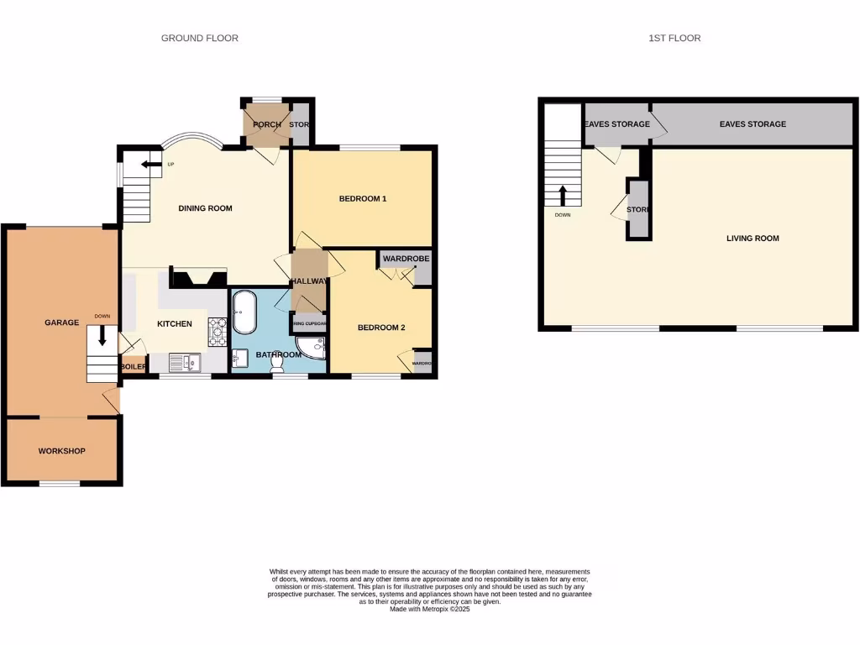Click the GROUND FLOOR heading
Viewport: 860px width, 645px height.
pyautogui.click(x=200, y=38)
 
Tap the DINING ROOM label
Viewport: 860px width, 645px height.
pyautogui.click(x=205, y=208)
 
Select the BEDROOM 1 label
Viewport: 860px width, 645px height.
pyautogui.click(x=363, y=199)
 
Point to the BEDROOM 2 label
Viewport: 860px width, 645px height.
pyautogui.click(x=381, y=328)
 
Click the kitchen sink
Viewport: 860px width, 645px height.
pyautogui.click(x=184, y=362)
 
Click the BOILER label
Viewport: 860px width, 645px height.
pyautogui.click(x=134, y=367)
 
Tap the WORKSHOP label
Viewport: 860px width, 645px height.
pyautogui.click(x=62, y=451)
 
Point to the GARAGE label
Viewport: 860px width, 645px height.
pyautogui.click(x=61, y=322)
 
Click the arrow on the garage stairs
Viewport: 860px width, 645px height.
pyautogui.click(x=102, y=337)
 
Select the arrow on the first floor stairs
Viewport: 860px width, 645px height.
pyautogui.click(x=562, y=195)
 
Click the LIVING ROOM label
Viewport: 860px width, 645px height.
pyautogui.click(x=752, y=239)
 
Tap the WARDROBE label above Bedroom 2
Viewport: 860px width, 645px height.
pyautogui.click(x=406, y=259)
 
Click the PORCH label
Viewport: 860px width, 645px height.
pyautogui.click(x=267, y=125)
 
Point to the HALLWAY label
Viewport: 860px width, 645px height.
pyautogui.click(x=308, y=281)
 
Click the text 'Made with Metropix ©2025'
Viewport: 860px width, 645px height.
pyautogui.click(x=430, y=609)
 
